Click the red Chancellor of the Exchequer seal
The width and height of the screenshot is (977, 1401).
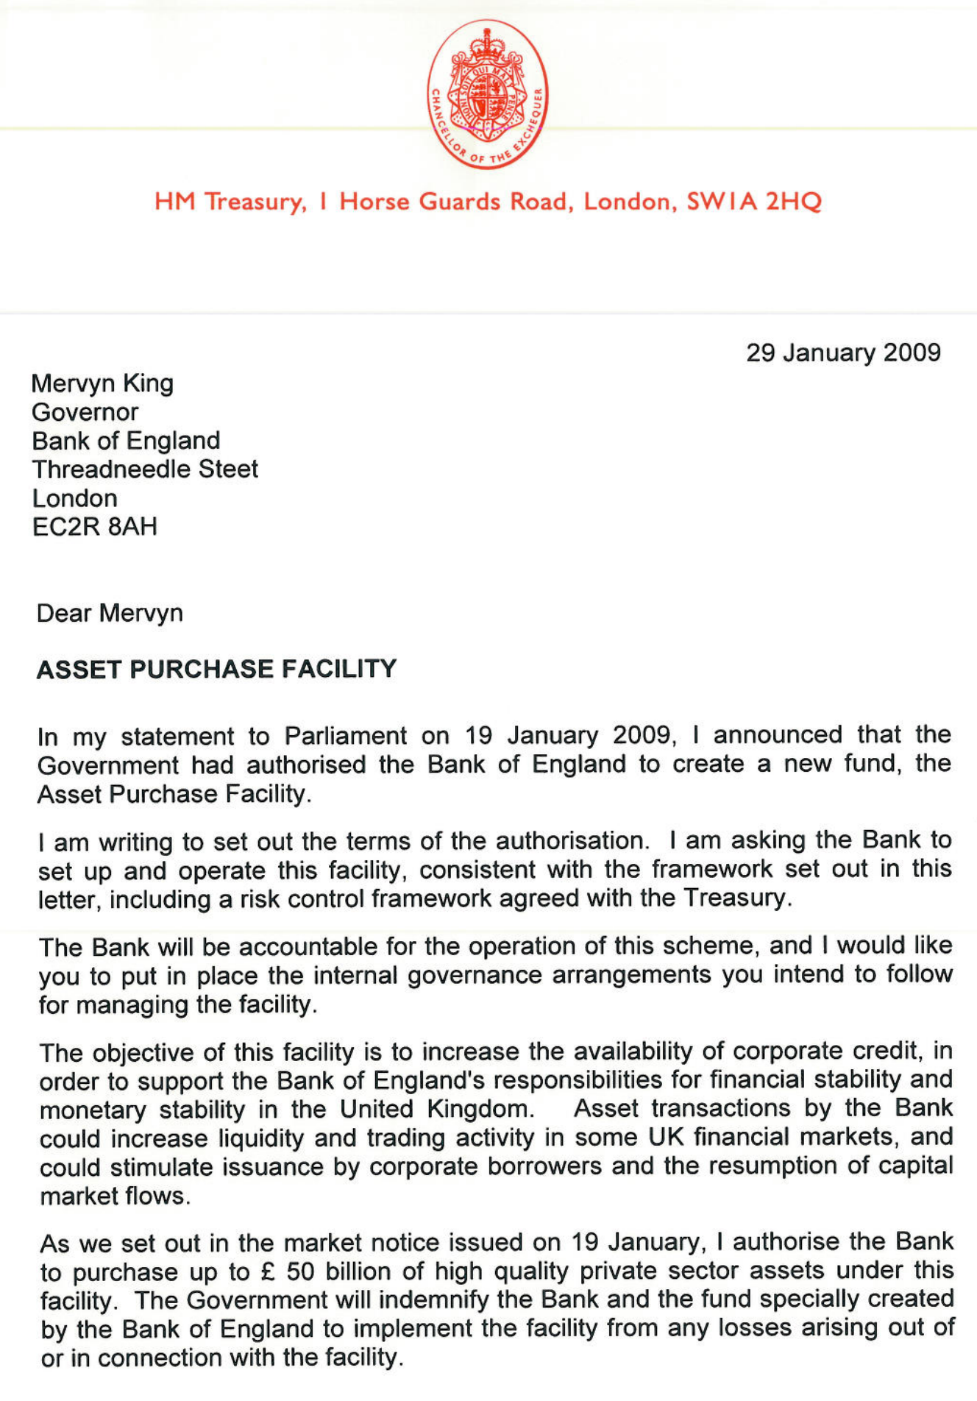coord(487,93)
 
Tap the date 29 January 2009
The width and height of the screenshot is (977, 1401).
coord(843,352)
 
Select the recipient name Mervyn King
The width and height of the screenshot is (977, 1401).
coord(102,383)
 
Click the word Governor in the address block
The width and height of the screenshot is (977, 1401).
coord(85,412)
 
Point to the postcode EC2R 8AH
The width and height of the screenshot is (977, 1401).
coord(95,527)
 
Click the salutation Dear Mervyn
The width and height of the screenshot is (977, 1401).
coord(110,613)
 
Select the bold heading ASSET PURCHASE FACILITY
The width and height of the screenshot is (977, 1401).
coord(216,669)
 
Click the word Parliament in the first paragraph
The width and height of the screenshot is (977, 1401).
coord(345,735)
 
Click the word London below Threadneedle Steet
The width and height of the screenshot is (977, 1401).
coord(74,498)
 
